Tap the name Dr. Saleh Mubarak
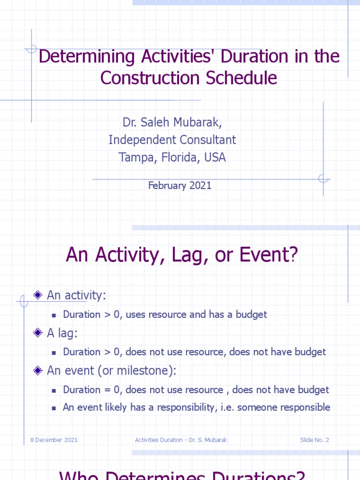(x=172, y=122)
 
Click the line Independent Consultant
(x=172, y=140)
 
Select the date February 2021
(x=180, y=186)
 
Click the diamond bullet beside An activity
(x=38, y=295)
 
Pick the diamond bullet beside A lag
(x=38, y=333)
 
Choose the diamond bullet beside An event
(x=38, y=370)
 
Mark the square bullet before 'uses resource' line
(x=54, y=315)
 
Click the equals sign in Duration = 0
(x=106, y=390)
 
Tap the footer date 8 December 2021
(x=51, y=440)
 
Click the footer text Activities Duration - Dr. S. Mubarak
(x=181, y=440)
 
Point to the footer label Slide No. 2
(x=315, y=440)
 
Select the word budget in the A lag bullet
(x=310, y=352)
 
